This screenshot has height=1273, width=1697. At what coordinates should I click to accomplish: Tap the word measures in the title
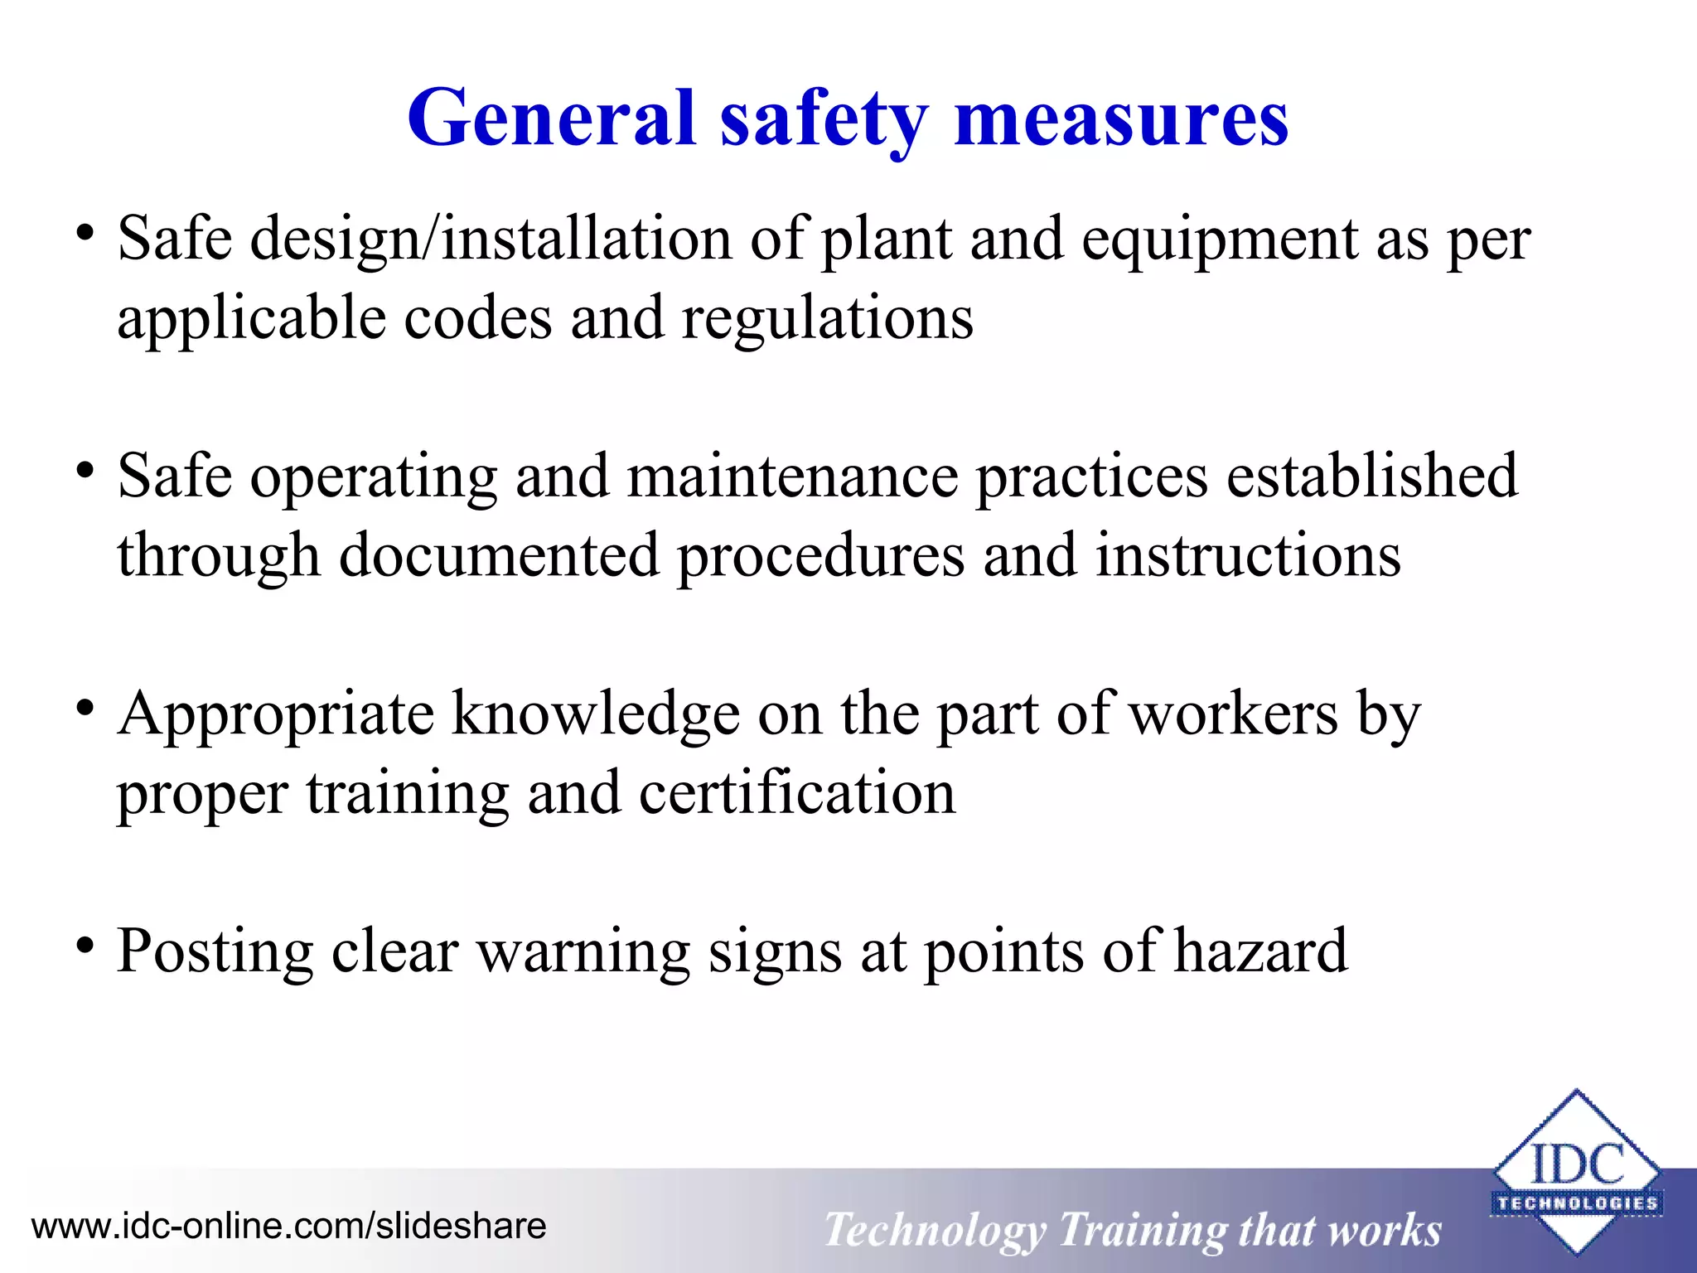[1121, 120]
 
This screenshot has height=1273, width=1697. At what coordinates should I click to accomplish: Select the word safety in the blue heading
[824, 120]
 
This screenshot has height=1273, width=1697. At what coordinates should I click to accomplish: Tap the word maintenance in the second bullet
[792, 477]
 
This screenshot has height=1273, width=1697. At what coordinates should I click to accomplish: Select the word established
[1371, 477]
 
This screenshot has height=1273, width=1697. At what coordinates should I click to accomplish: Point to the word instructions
[1248, 556]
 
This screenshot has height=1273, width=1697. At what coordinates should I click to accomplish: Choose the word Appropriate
[275, 715]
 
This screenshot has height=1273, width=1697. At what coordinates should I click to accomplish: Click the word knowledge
[596, 715]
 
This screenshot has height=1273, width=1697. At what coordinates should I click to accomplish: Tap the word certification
[797, 793]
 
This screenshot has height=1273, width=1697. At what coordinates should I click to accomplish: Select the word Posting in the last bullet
[215, 952]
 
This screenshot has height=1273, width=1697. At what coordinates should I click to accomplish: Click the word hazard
[1261, 951]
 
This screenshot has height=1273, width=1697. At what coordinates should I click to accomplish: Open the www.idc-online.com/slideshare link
[288, 1226]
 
